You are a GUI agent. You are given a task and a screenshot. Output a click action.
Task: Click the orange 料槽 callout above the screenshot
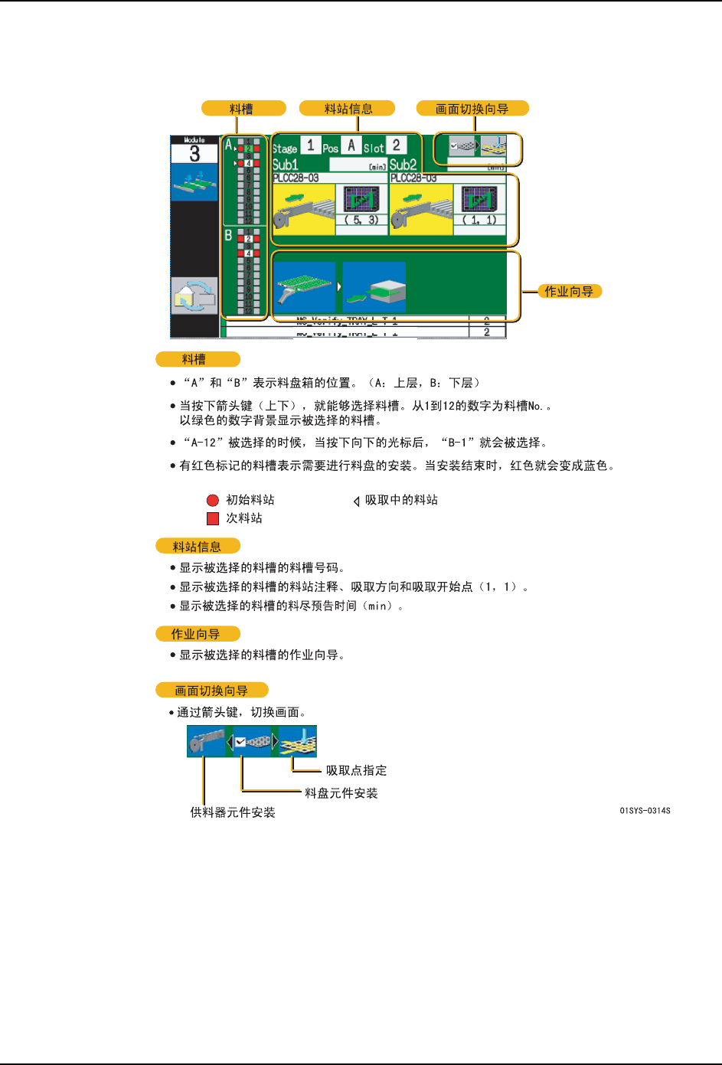[243, 109]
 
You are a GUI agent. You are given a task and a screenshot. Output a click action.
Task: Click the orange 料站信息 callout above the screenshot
[347, 109]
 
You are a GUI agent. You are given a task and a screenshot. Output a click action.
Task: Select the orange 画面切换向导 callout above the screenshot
[472, 109]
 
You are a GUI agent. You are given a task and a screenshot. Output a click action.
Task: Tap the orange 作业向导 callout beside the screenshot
[568, 291]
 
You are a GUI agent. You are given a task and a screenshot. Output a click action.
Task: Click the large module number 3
[194, 154]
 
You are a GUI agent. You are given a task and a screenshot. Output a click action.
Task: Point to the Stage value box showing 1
[310, 145]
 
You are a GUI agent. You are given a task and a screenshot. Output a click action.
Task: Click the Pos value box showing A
[351, 145]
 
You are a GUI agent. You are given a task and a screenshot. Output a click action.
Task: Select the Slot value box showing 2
[396, 145]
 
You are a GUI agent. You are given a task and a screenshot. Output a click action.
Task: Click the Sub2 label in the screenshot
[403, 165]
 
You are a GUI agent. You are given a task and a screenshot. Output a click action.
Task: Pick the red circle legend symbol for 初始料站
[213, 500]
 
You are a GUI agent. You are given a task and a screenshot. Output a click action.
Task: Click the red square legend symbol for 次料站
[213, 518]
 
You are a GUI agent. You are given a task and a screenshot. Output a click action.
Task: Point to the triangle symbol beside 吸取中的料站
[356, 501]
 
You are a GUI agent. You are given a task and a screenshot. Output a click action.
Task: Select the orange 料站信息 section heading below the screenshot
[198, 547]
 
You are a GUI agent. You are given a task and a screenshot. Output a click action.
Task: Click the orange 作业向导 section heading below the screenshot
[197, 634]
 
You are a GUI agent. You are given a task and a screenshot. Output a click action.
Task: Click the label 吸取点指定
[356, 770]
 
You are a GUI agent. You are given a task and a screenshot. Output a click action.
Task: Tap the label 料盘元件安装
[341, 793]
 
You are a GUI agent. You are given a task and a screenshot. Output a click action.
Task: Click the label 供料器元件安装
[232, 812]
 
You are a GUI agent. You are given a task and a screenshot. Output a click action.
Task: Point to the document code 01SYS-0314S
[645, 810]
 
